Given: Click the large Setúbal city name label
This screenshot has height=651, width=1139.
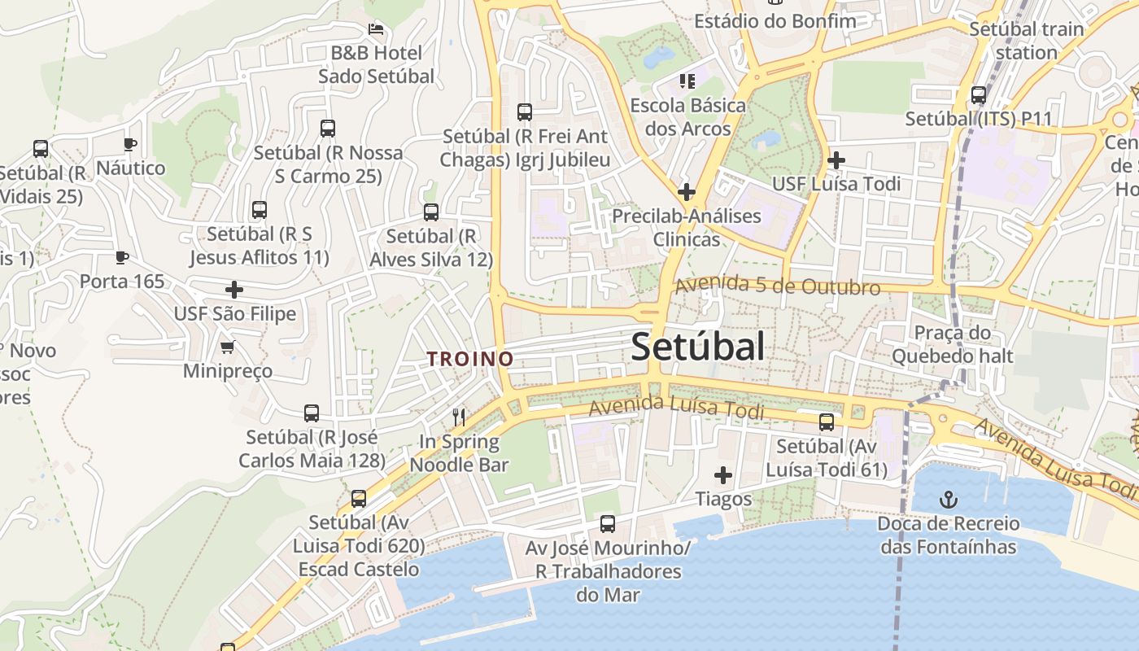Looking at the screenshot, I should pyautogui.click(x=697, y=347).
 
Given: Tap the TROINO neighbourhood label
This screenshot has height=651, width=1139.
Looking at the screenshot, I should pyautogui.click(x=470, y=359).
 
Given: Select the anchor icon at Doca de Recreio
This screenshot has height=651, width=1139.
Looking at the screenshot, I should pyautogui.click(x=947, y=499).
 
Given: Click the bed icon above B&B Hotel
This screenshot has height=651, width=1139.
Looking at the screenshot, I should pyautogui.click(x=375, y=29).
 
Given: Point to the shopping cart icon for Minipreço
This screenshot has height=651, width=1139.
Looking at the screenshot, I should pyautogui.click(x=228, y=347).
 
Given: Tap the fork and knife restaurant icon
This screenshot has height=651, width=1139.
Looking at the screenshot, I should pyautogui.click(x=459, y=417).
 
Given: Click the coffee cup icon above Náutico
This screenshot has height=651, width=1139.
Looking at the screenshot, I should pyautogui.click(x=129, y=145).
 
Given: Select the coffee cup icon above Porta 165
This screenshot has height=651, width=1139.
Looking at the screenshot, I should pyautogui.click(x=122, y=258).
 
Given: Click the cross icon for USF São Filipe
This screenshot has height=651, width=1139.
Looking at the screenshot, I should pyautogui.click(x=234, y=290).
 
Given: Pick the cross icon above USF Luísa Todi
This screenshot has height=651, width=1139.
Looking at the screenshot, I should pyautogui.click(x=836, y=160).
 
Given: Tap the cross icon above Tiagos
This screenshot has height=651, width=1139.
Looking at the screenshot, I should pyautogui.click(x=722, y=475).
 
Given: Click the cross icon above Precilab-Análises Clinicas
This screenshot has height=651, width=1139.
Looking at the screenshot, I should pyautogui.click(x=687, y=193).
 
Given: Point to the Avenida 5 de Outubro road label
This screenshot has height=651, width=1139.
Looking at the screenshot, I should pyautogui.click(x=777, y=286).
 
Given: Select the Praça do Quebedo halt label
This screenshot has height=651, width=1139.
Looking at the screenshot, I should pyautogui.click(x=953, y=344).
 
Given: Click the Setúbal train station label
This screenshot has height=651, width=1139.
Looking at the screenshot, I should pyautogui.click(x=1027, y=41).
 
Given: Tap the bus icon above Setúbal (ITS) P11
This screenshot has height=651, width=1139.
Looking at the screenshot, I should pyautogui.click(x=979, y=95).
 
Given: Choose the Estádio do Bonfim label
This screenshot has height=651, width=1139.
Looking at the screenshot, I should pyautogui.click(x=775, y=21).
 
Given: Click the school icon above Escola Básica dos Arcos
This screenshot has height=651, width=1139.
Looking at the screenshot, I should pyautogui.click(x=687, y=81).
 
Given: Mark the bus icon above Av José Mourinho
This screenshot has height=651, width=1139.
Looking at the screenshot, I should pyautogui.click(x=608, y=524).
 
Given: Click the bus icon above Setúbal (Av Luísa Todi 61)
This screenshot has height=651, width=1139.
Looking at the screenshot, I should pyautogui.click(x=827, y=422).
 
